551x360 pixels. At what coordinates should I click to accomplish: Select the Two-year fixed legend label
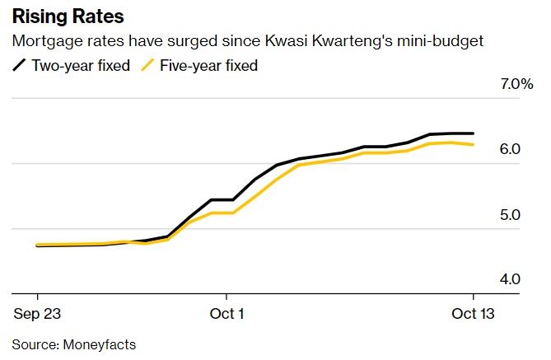[x=81, y=65]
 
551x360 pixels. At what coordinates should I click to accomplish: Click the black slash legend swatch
[x=20, y=65]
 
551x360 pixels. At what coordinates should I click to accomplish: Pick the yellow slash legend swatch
[x=147, y=65]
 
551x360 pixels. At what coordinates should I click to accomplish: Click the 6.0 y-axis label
[x=510, y=149]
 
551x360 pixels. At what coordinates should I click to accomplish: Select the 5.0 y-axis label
[x=510, y=214]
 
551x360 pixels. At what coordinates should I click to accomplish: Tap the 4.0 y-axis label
[x=510, y=279]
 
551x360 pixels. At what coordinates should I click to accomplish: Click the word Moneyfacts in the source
[x=97, y=344]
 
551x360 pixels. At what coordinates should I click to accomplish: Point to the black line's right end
[x=473, y=133]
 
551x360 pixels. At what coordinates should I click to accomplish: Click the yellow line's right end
[x=473, y=145]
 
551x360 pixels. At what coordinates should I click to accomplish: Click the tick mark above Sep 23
[x=37, y=297]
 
